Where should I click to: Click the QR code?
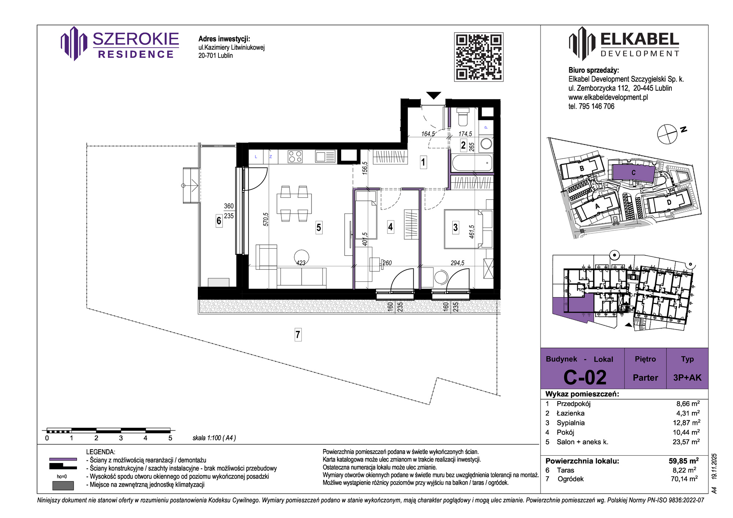tap(479, 57)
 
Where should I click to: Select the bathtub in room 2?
tap(472, 163)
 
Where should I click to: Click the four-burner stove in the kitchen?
tap(295, 157)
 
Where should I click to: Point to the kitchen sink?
tap(325, 157)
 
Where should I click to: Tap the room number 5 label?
tap(319, 228)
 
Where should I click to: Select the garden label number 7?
tap(298, 334)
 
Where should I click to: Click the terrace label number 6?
tap(219, 221)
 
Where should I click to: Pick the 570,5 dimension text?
tap(266, 219)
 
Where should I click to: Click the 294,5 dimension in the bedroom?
tap(457, 263)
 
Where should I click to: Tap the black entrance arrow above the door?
tap(434, 95)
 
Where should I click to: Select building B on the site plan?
tap(582, 168)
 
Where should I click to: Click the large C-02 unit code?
tap(585, 377)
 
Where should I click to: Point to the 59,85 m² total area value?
tap(684, 460)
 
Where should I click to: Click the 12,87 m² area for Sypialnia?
tap(686, 422)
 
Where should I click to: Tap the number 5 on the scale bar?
tap(170, 438)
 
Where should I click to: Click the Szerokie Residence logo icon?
tap(74, 44)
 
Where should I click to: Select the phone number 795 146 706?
tap(596, 106)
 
